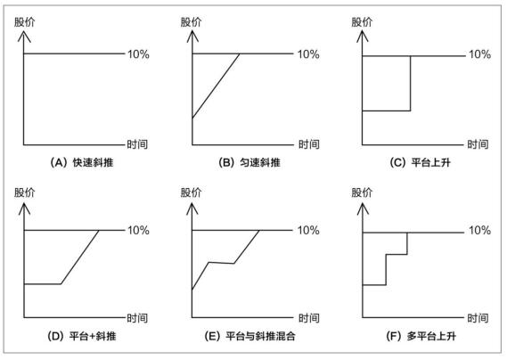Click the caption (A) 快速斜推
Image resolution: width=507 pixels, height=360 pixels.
click(x=81, y=162)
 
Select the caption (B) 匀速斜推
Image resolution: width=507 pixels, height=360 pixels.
click(x=249, y=162)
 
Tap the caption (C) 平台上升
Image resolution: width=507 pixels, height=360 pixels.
click(x=420, y=162)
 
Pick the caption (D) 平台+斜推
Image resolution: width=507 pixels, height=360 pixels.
click(x=81, y=336)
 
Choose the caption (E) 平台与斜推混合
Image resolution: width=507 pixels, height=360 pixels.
click(x=249, y=336)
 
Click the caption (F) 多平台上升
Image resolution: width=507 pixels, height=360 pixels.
click(x=421, y=336)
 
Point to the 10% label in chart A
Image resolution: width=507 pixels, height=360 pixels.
click(x=138, y=54)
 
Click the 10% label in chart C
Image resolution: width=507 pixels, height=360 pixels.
click(x=480, y=54)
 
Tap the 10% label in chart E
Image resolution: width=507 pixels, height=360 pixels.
click(x=308, y=230)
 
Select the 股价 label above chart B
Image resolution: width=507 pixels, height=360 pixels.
click(x=191, y=22)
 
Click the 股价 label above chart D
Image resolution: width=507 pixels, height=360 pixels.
click(x=25, y=192)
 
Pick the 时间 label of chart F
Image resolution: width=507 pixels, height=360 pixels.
click(x=478, y=318)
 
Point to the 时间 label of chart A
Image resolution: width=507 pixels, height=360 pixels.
click(x=137, y=144)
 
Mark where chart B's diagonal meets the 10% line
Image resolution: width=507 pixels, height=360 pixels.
click(x=240, y=53)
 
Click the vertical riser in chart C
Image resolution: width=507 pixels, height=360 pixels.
click(x=410, y=84)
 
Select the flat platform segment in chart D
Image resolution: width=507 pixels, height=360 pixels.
click(x=43, y=284)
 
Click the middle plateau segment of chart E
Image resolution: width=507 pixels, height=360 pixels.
click(x=221, y=263)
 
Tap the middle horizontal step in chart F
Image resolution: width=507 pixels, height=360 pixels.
click(x=397, y=255)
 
